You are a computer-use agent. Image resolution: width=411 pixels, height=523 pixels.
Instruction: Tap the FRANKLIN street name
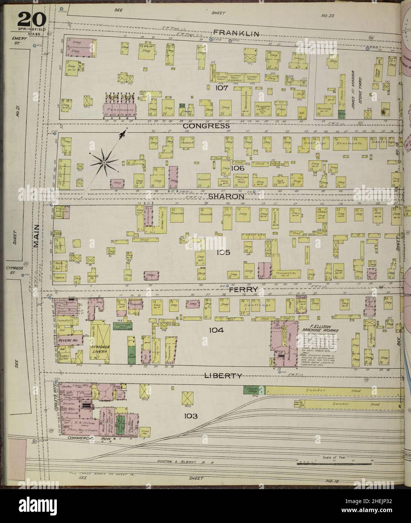(x=236, y=33)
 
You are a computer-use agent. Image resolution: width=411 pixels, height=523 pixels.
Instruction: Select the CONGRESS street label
(x=206, y=126)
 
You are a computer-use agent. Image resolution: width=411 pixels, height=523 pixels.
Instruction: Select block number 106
(x=238, y=168)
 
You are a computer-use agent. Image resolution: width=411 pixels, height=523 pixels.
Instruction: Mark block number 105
(x=223, y=252)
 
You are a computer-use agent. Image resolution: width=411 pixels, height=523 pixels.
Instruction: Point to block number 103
(x=191, y=416)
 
